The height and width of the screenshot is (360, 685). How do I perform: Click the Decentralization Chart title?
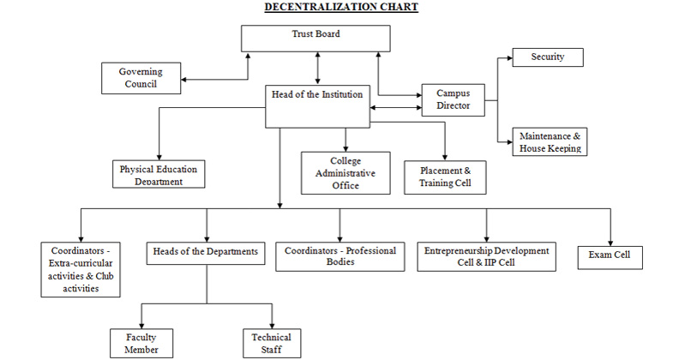click(x=341, y=8)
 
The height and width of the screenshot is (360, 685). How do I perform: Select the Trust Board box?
click(x=315, y=38)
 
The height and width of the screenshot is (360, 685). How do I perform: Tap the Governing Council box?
click(x=141, y=77)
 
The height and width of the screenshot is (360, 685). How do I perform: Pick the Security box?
click(x=548, y=57)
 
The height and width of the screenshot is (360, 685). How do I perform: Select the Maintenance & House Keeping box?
click(x=549, y=141)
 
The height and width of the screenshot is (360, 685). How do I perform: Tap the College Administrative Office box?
click(x=345, y=172)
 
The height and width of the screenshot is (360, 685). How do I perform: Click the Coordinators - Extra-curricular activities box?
click(x=81, y=269)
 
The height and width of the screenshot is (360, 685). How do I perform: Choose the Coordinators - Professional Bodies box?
click(x=339, y=256)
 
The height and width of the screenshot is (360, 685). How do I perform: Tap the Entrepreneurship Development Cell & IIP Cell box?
click(x=487, y=255)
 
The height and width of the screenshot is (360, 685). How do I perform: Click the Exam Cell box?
click(x=610, y=255)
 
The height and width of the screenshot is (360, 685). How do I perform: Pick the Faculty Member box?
click(x=141, y=343)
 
